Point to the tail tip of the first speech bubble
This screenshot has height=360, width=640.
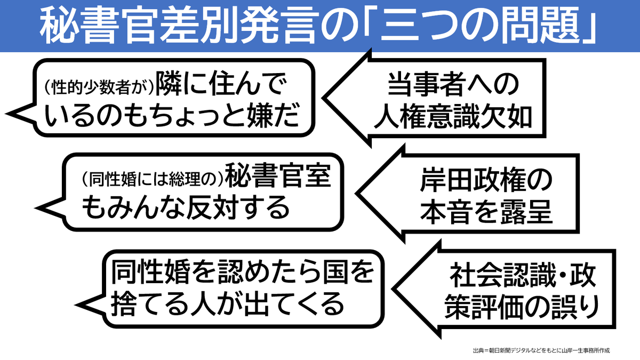coord(6,113)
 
